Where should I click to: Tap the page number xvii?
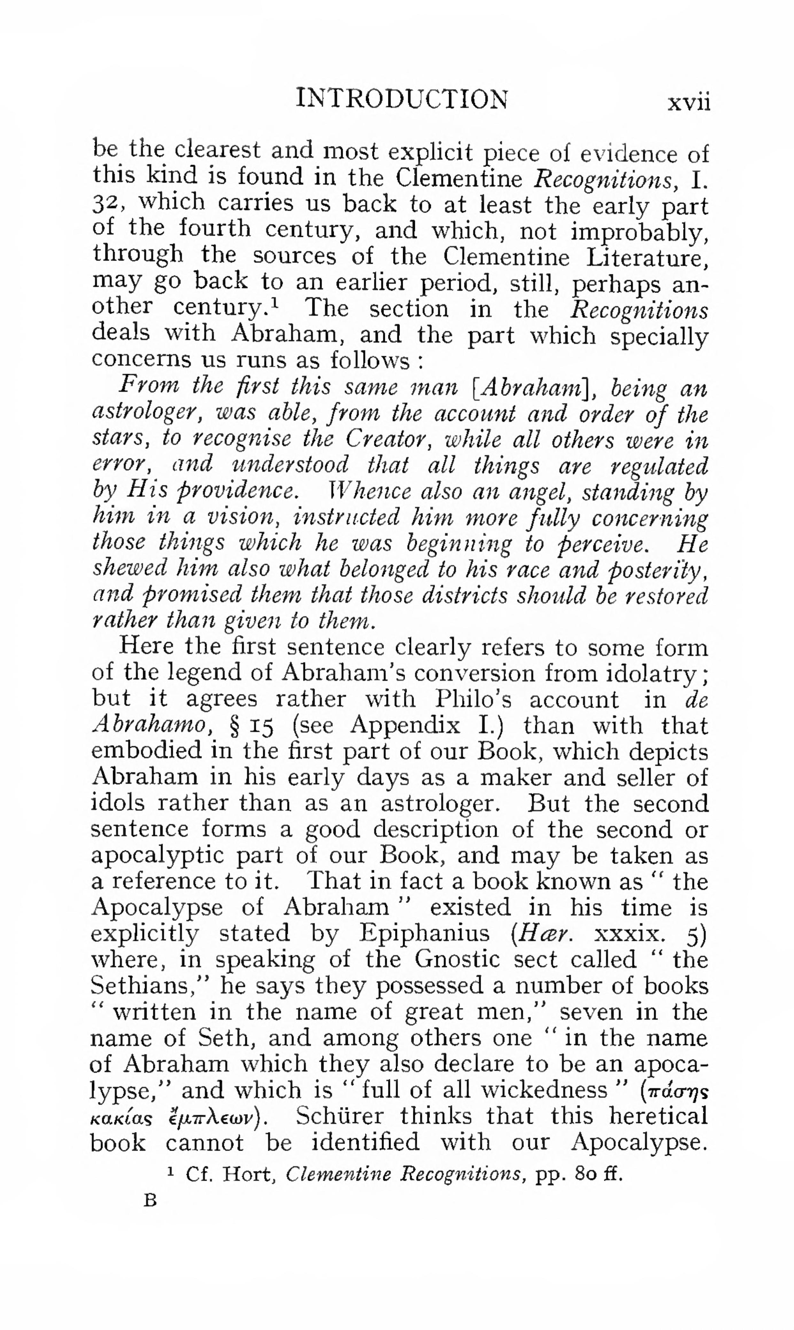coord(689,102)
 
